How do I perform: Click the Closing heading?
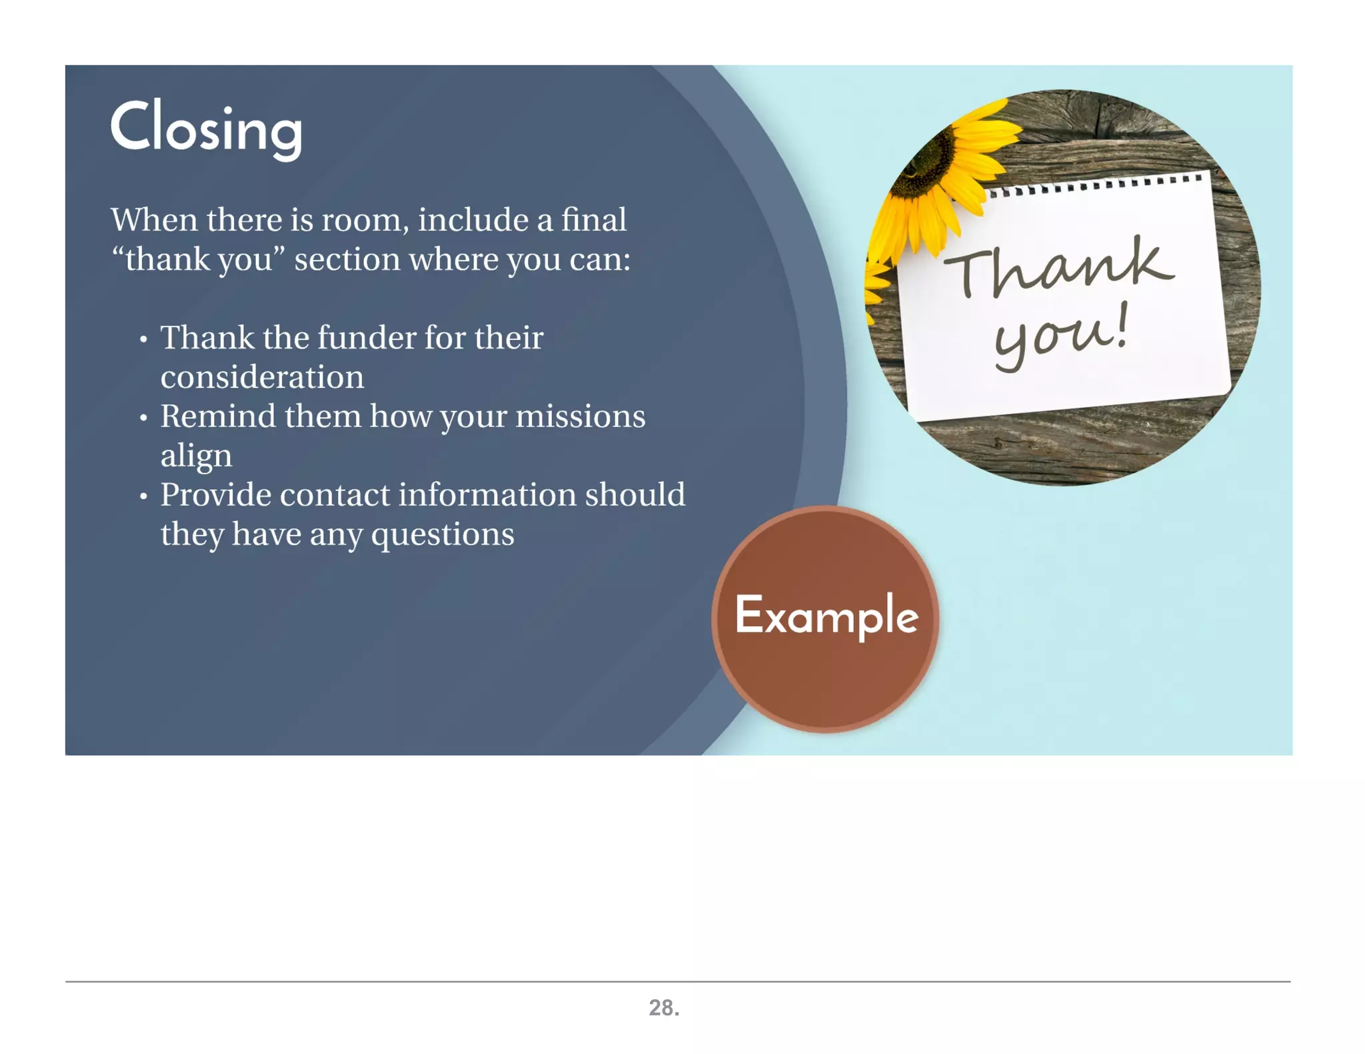(206, 128)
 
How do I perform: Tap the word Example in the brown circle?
(826, 616)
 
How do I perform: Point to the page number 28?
(664, 1007)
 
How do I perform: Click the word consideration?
(262, 377)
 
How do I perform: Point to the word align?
(196, 456)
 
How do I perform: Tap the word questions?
(443, 534)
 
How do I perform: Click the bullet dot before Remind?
(143, 418)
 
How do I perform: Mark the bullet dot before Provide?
(143, 497)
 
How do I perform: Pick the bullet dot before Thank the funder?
(143, 340)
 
